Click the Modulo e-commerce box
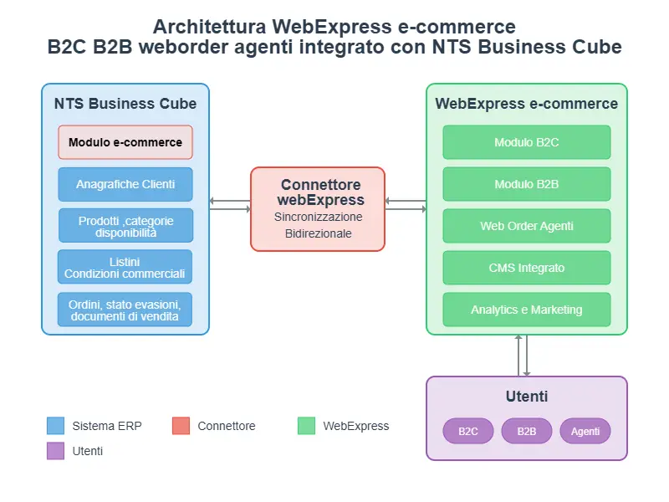pos(125,142)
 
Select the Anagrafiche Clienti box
pos(125,184)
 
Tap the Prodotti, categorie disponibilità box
pos(125,226)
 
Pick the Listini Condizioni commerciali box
pos(125,267)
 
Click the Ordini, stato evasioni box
pos(125,310)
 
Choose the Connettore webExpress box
pos(318,209)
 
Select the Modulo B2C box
pos(527,142)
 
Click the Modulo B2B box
pos(527,184)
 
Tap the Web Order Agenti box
pos(527,226)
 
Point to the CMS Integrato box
pos(527,268)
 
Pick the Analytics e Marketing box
pos(527,310)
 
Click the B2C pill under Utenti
pos(468,431)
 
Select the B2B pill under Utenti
pos(527,431)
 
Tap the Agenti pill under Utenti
pos(585,431)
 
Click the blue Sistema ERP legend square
pos(56,426)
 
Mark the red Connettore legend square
pos(181,426)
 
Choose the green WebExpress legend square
pos(307,426)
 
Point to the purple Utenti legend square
pos(56,451)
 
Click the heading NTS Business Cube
pos(125,104)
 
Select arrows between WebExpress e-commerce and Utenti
pos(523,356)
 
